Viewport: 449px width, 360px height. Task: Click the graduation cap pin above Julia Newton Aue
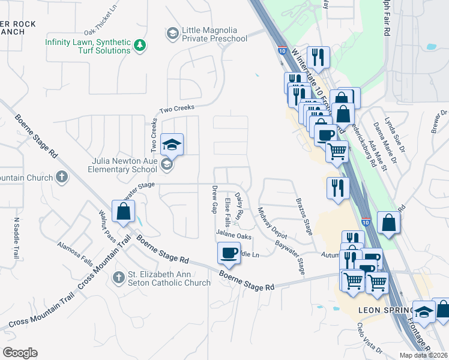172,145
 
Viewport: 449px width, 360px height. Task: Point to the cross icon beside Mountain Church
61,177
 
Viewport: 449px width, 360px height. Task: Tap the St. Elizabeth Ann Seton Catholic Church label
169,279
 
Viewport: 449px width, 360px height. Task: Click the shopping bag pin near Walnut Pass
123,211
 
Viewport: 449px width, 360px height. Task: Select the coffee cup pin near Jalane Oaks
228,253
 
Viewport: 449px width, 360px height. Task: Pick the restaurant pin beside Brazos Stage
338,188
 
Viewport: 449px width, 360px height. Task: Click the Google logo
19,353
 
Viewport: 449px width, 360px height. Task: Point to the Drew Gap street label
214,200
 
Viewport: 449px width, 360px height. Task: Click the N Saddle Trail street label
16,238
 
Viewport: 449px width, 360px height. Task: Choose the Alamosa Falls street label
75,254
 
